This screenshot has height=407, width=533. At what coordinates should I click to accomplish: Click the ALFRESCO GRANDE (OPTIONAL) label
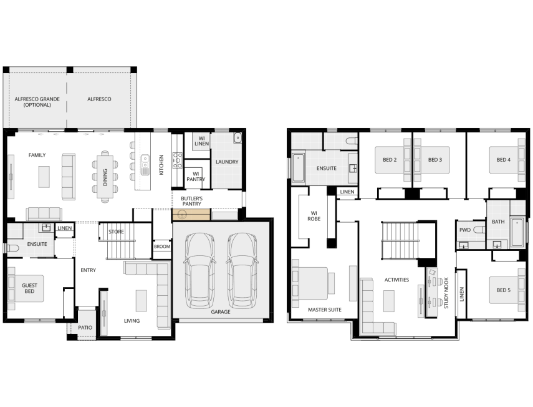[x=37, y=102]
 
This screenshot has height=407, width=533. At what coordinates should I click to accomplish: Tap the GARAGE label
[x=221, y=311]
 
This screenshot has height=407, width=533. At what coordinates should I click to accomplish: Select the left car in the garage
[x=199, y=271]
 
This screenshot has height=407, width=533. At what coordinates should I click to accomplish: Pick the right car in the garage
[x=242, y=271]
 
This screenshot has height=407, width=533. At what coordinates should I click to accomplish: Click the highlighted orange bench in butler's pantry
[x=191, y=215]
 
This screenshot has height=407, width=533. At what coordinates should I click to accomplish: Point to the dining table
[x=105, y=177]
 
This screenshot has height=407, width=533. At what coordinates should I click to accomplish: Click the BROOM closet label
[x=162, y=247]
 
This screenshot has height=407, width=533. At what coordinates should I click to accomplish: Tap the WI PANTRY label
[x=196, y=177]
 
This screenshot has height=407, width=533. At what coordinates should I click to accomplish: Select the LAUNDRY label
[x=227, y=162]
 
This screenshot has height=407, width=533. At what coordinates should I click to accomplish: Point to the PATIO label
[x=85, y=327]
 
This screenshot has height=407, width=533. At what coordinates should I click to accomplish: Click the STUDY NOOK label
[x=446, y=293]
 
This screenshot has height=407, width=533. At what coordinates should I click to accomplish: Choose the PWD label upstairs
[x=464, y=230]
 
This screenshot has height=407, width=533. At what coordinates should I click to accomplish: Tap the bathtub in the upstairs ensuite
[x=299, y=168]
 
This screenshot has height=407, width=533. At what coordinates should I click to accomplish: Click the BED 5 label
[x=504, y=290]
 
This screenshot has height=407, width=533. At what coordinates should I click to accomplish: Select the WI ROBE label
[x=314, y=216]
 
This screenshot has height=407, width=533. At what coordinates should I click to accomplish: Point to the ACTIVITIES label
[x=396, y=280]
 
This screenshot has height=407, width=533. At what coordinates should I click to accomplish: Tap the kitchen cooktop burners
[x=178, y=160]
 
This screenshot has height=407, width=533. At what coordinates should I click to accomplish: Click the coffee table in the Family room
[x=44, y=177]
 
